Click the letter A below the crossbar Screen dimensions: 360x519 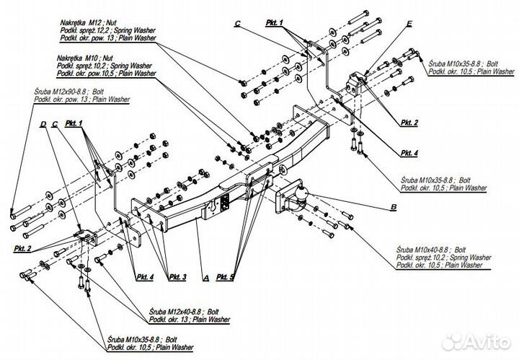coord(206,278)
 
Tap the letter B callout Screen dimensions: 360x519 coord(393,208)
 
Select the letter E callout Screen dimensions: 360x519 coord(409,24)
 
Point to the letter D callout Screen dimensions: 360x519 coord(43,124)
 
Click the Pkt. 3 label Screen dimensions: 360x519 coord(177,278)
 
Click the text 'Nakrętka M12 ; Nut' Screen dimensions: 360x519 coord(92,24)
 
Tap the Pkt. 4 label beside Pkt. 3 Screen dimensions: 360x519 coord(144,277)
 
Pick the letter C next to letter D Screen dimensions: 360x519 coord(54,124)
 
